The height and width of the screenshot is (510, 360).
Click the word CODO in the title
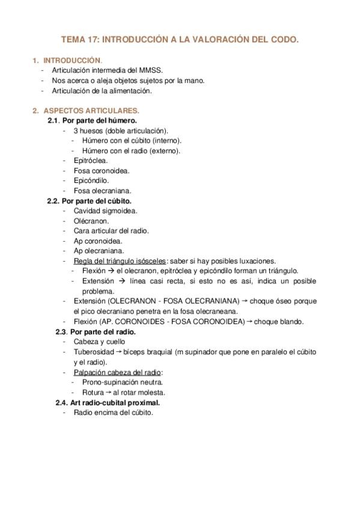click(285, 40)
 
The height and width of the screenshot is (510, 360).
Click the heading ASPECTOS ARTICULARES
click(91, 111)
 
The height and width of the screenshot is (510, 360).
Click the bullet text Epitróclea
click(91, 161)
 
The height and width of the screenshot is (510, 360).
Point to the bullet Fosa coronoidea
click(102, 170)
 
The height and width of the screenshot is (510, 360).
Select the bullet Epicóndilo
click(91, 180)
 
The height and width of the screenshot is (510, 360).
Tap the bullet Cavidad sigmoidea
click(105, 210)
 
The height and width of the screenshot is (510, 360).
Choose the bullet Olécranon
click(91, 221)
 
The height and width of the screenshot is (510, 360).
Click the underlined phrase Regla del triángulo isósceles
click(120, 261)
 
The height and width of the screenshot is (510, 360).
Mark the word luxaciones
click(257, 261)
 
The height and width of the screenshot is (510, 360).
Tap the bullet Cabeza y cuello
click(100, 342)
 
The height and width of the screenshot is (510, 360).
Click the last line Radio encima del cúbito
click(113, 413)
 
